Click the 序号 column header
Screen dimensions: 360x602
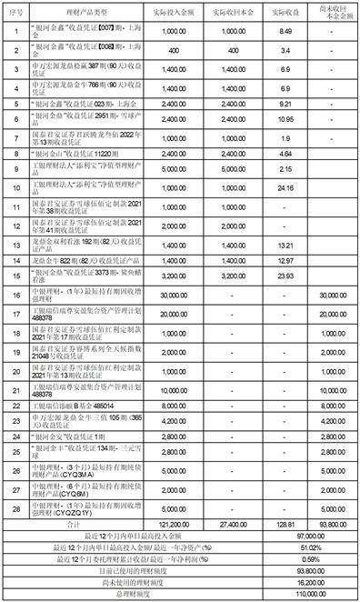15,14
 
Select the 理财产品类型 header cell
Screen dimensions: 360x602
82,14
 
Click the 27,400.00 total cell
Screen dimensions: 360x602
232,525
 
